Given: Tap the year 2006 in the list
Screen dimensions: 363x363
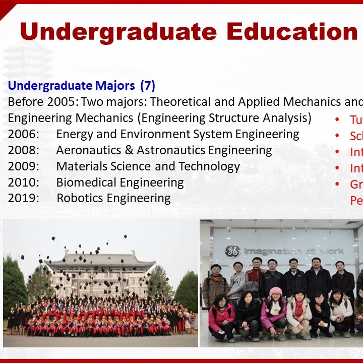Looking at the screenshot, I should coord(23,134).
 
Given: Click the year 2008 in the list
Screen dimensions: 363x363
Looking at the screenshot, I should coord(23,150).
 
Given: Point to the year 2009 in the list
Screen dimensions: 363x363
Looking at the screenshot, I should coord(23,166).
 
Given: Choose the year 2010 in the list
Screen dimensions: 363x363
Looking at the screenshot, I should coord(23,182).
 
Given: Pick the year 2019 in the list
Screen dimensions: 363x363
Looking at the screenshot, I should coord(23,198).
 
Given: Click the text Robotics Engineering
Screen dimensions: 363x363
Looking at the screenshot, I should coord(113,198).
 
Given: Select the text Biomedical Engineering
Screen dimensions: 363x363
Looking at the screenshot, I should coord(119,182).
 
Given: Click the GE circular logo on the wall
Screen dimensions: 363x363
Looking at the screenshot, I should coord(232,251).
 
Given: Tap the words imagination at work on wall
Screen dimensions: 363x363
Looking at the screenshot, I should coord(293,251).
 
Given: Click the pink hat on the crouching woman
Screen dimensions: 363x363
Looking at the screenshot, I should coord(275,292).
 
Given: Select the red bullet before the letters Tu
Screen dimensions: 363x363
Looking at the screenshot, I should coord(337,120).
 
